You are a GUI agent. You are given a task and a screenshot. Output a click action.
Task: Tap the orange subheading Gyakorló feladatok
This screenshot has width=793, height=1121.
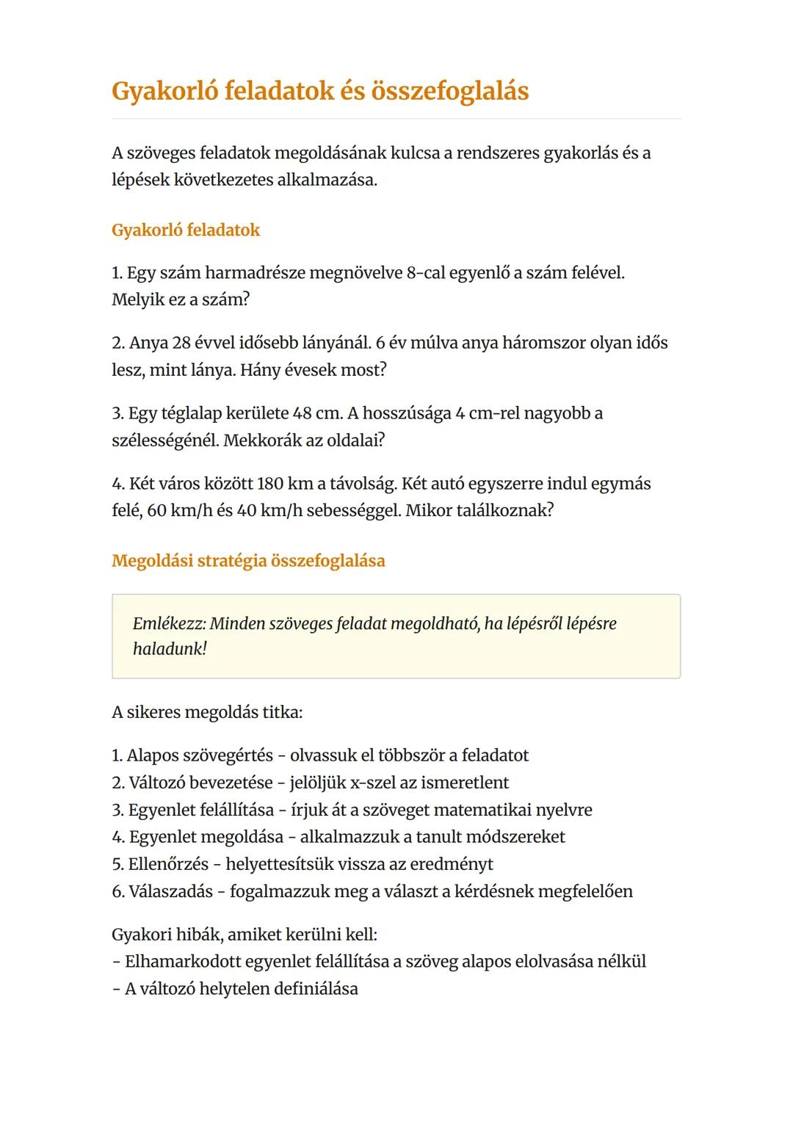pos(186,231)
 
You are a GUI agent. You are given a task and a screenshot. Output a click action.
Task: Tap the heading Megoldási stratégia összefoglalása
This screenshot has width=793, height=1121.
pos(248,561)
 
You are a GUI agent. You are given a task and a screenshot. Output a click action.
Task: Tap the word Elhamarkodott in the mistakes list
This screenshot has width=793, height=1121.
pos(182,962)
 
